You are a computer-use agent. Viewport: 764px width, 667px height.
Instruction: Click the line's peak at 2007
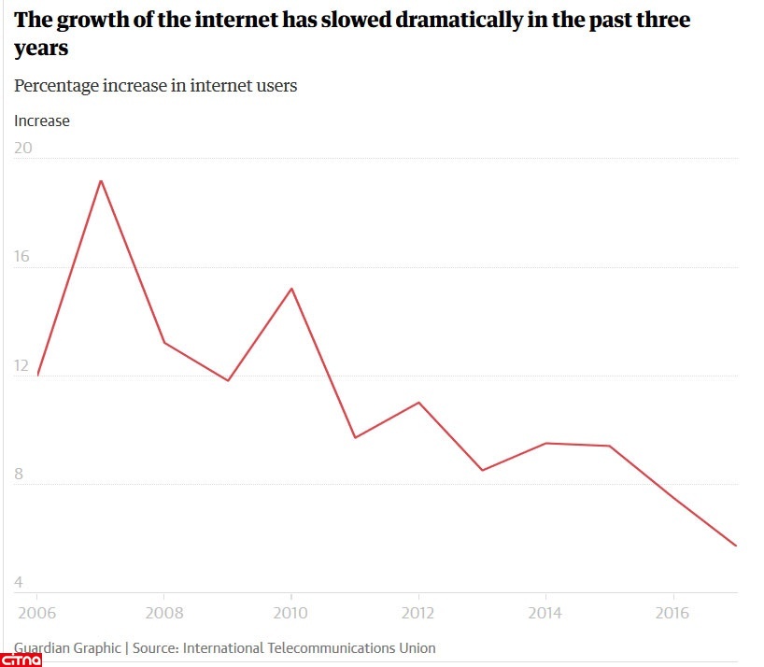click(101, 180)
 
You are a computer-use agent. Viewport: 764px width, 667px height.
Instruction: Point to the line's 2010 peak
click(291, 288)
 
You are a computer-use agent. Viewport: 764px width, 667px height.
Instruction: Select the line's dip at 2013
click(482, 470)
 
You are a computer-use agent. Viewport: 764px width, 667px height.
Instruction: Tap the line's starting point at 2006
click(37, 375)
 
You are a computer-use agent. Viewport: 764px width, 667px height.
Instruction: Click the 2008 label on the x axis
click(163, 613)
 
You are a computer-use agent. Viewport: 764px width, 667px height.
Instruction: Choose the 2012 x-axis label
click(418, 613)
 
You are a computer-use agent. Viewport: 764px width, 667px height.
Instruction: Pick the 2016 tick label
click(673, 613)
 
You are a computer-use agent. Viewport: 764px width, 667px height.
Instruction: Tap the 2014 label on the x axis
click(546, 613)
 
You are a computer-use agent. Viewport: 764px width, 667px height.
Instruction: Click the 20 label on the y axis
click(23, 148)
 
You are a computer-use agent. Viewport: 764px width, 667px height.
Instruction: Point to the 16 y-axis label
click(23, 256)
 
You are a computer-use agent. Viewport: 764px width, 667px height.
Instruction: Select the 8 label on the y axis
click(19, 474)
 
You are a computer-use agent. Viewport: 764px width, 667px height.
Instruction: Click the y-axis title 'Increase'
click(42, 121)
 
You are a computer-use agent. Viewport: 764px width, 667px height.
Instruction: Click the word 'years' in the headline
click(42, 48)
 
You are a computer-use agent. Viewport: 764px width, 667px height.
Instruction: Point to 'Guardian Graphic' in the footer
click(66, 647)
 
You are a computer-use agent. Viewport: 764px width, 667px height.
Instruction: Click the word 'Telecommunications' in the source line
click(331, 647)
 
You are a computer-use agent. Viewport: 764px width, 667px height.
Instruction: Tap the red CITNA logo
click(21, 660)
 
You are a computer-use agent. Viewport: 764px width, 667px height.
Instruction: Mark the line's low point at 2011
click(355, 437)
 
